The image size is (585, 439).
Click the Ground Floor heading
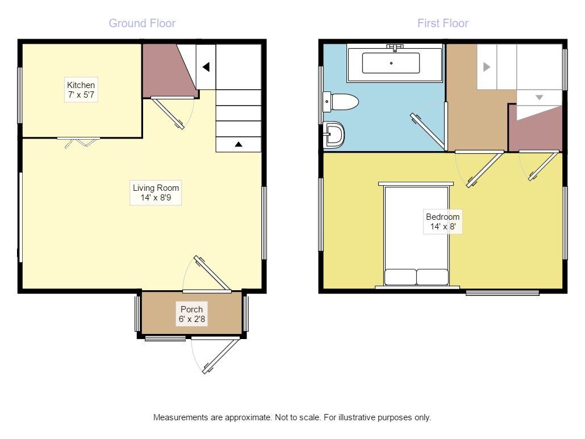click(x=142, y=23)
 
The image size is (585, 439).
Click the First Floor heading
click(x=442, y=23)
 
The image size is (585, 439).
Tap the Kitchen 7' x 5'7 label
click(x=81, y=90)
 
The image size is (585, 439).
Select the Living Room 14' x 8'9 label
click(x=156, y=193)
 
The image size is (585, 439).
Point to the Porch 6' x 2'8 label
click(x=192, y=314)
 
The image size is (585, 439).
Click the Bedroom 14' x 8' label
click(x=442, y=221)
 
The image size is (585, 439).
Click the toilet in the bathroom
click(x=342, y=102)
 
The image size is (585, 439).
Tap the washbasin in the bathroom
click(x=335, y=135)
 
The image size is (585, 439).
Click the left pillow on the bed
click(x=400, y=277)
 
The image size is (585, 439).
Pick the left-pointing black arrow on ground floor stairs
click(x=206, y=67)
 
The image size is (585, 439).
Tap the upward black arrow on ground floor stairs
click(x=239, y=144)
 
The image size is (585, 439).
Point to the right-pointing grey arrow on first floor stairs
click(x=487, y=66)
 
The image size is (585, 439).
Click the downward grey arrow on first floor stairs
click(x=539, y=97)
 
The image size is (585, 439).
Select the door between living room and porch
click(x=211, y=275)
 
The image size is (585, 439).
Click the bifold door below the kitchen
click(x=79, y=142)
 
